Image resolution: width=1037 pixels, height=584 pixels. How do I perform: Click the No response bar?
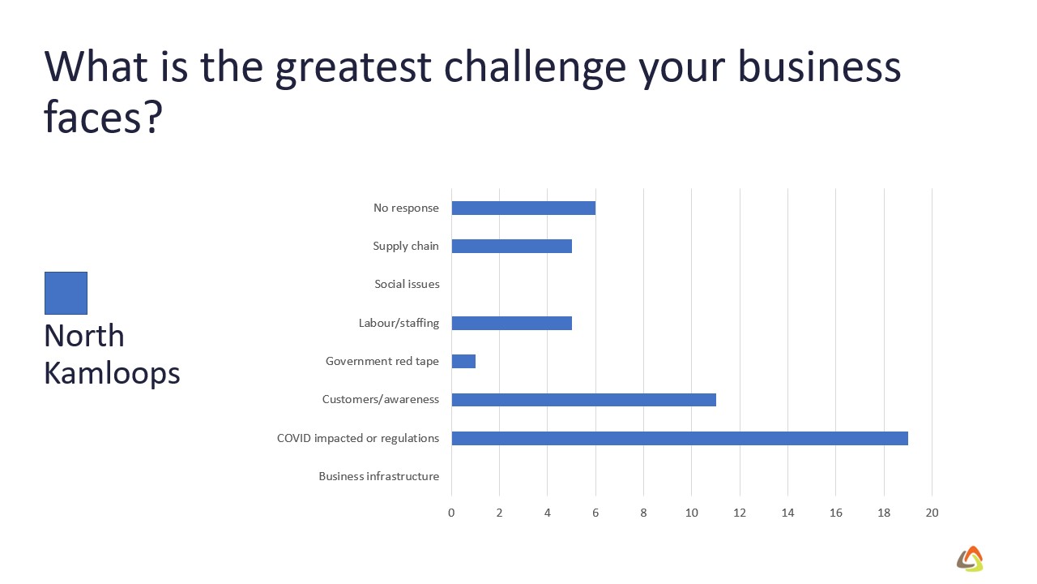pyautogui.click(x=523, y=208)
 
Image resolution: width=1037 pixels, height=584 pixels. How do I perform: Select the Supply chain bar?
pyautogui.click(x=511, y=246)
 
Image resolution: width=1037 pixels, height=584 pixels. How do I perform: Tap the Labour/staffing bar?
pyautogui.click(x=511, y=323)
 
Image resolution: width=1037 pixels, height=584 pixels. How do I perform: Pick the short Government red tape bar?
pyautogui.click(x=463, y=361)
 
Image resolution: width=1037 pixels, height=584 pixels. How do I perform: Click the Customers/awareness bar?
pyautogui.click(x=584, y=400)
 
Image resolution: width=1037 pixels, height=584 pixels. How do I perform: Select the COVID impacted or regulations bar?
pyautogui.click(x=680, y=438)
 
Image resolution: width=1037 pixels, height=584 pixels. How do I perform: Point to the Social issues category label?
pyautogui.click(x=407, y=284)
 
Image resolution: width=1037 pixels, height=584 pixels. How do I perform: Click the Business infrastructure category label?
pyautogui.click(x=378, y=476)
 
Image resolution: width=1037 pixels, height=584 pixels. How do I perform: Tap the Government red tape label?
pyautogui.click(x=382, y=361)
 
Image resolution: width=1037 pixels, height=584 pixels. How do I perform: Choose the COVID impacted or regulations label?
pyautogui.click(x=358, y=439)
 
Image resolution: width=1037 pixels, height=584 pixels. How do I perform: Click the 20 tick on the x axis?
pyautogui.click(x=932, y=513)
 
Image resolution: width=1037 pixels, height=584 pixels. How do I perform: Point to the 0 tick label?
pyautogui.click(x=451, y=513)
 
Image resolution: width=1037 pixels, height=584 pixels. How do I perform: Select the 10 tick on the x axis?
pyautogui.click(x=692, y=513)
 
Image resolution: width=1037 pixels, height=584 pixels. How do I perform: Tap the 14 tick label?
pyautogui.click(x=788, y=513)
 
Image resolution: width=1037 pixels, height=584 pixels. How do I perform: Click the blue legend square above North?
pyautogui.click(x=66, y=293)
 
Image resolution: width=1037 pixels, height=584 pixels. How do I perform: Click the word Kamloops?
pyautogui.click(x=112, y=374)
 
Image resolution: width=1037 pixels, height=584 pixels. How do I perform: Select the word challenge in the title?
pyautogui.click(x=535, y=67)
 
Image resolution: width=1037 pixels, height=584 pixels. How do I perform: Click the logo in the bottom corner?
pyautogui.click(x=971, y=559)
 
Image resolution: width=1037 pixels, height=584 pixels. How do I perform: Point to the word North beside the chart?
pyautogui.click(x=84, y=336)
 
